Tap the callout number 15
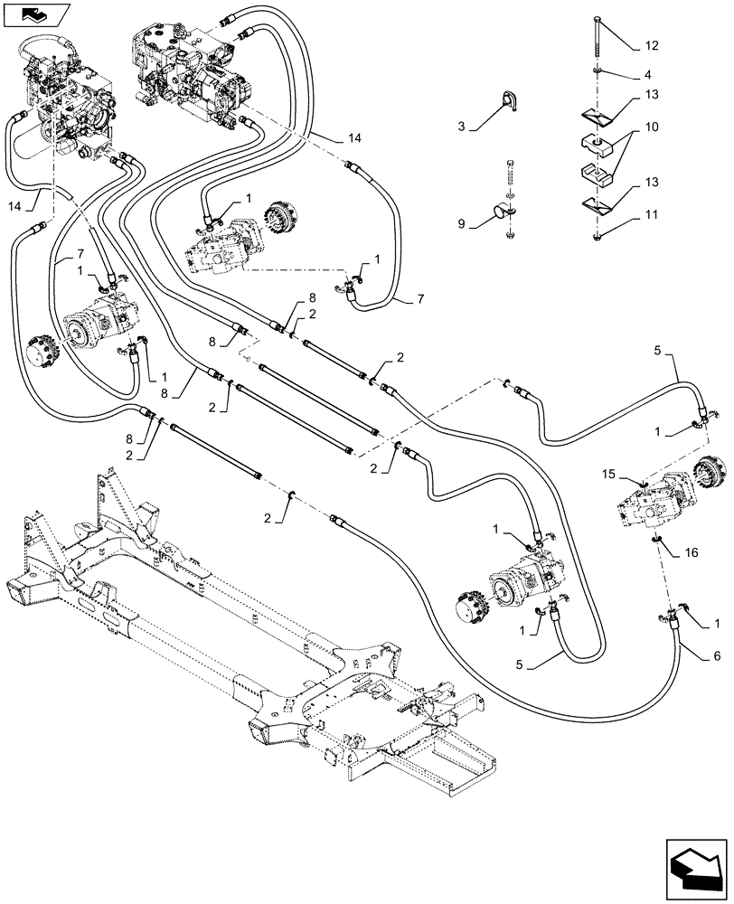click(610, 474)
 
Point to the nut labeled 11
click(598, 237)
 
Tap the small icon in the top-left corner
click(33, 14)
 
